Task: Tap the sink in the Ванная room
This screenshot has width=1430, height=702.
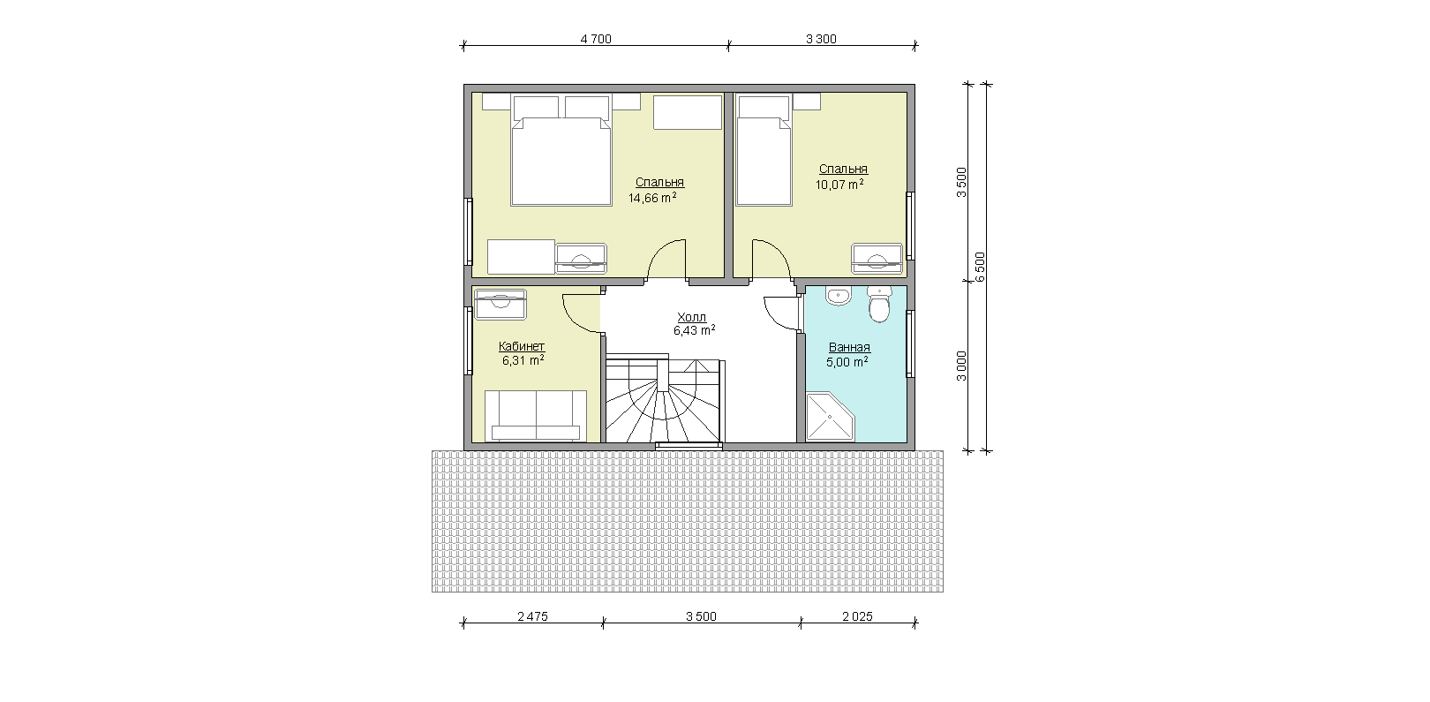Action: [838, 296]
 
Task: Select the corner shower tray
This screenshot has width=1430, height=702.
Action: [830, 417]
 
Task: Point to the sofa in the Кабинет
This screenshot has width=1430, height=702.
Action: [536, 415]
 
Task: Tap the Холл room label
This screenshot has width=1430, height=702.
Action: [691, 317]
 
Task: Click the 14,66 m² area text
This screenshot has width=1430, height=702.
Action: [652, 198]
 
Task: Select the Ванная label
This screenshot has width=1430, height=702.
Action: [849, 348]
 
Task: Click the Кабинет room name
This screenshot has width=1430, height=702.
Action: [522, 346]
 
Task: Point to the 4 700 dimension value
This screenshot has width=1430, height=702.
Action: [596, 39]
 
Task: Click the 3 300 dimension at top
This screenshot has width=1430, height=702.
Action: [821, 39]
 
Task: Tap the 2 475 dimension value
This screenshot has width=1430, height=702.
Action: [532, 616]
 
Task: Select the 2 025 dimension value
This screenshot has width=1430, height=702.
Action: [857, 616]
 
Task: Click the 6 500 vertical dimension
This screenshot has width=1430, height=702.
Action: [980, 267]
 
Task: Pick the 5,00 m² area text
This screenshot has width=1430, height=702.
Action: [847, 362]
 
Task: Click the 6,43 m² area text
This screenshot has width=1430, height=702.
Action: [694, 330]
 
